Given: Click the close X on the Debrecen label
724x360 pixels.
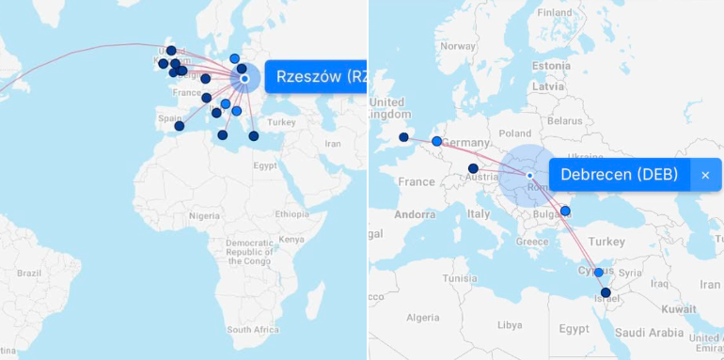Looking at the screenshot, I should (x=705, y=175).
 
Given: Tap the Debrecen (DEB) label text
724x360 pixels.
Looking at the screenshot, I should (x=619, y=175).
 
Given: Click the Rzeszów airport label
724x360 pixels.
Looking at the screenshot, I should (x=316, y=77).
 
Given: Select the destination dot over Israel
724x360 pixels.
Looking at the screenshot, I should (x=606, y=293).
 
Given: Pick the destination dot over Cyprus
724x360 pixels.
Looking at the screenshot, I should (x=598, y=273).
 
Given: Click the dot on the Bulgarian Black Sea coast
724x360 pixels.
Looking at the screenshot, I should (x=565, y=211).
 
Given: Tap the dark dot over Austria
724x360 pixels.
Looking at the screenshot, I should (x=473, y=168).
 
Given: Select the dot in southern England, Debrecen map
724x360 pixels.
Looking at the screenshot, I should (x=403, y=137).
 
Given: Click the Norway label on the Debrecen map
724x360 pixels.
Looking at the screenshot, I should (x=458, y=45).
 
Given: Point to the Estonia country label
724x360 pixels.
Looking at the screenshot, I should (x=551, y=66).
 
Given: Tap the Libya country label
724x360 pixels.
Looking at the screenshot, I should (x=510, y=324).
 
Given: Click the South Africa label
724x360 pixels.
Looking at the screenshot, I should (x=252, y=330).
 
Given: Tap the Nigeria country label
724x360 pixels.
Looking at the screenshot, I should (x=204, y=215).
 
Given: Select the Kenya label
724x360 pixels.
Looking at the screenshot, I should (x=291, y=239).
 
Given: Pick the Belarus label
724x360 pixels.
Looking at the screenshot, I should (x=565, y=121).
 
